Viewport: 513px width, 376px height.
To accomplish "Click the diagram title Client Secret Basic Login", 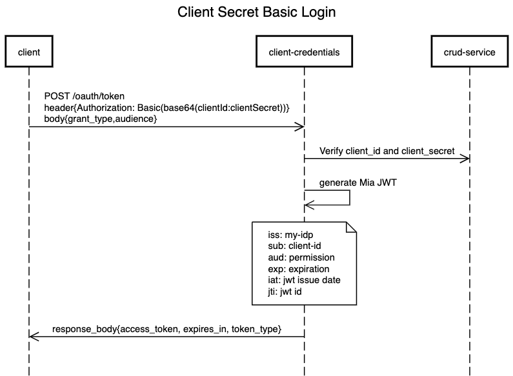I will click(256, 12).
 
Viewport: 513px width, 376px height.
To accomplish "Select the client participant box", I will click(29, 52).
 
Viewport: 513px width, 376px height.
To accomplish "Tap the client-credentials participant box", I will click(304, 52).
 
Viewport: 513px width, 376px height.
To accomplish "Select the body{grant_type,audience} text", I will click(100, 119).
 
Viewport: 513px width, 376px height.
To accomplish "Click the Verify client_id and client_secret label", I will click(387, 151).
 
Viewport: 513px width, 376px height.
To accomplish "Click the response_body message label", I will click(166, 329).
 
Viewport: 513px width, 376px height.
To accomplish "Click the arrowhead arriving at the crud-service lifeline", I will click(465, 159).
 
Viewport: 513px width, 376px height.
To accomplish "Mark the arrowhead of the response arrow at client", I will click(34, 336).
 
